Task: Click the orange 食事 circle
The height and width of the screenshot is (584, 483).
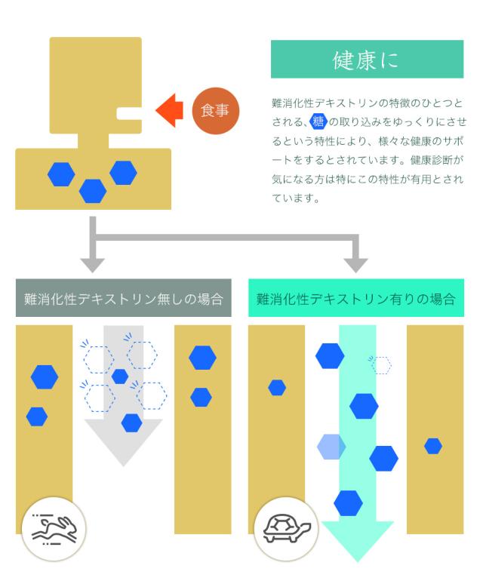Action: click(x=216, y=111)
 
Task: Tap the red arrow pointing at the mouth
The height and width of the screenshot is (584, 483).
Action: click(x=170, y=111)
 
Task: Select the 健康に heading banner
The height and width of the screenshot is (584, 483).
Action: click(x=368, y=59)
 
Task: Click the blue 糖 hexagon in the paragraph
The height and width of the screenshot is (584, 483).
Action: click(x=318, y=121)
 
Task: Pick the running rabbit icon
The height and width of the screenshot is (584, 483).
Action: click(x=54, y=528)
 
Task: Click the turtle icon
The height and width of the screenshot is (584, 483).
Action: click(x=286, y=528)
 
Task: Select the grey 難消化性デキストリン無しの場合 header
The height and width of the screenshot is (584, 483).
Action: click(x=123, y=298)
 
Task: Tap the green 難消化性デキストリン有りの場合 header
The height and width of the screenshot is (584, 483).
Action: click(x=356, y=298)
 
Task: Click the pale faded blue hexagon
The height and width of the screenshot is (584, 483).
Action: click(x=331, y=447)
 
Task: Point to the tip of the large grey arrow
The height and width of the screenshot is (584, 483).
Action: click(x=124, y=466)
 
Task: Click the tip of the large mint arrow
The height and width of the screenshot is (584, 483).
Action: click(x=358, y=561)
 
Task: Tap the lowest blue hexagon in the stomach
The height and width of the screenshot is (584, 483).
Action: click(x=93, y=191)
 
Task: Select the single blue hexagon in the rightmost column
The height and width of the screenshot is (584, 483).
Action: click(x=433, y=446)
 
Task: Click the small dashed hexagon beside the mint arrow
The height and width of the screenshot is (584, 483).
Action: click(x=380, y=365)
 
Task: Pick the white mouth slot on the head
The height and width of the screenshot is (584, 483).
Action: click(x=129, y=114)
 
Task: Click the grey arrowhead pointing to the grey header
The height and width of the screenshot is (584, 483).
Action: click(x=92, y=265)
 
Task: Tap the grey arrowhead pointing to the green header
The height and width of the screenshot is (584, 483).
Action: click(x=355, y=265)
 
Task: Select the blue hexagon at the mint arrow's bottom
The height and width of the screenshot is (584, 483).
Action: click(x=348, y=503)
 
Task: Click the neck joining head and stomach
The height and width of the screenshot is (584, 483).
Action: click(x=93, y=140)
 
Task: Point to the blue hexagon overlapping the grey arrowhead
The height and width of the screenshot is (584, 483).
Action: click(x=131, y=423)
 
